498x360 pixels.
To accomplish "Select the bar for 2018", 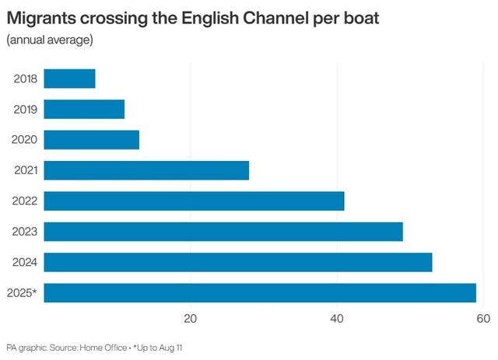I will point(69,79).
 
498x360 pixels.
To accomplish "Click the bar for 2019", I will point(84,109).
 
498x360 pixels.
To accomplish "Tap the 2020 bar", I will point(91,140).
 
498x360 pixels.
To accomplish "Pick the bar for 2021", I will point(146,170).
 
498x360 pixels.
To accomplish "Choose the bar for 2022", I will point(194,201).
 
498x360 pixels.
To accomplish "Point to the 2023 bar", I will point(223,232).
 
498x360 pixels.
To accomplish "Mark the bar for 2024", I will point(237,262).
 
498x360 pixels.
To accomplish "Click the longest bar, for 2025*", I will point(260,292).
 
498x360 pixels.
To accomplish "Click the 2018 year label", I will point(25,79).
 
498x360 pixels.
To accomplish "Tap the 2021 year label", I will point(25,170).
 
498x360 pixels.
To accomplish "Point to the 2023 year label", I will point(25,232).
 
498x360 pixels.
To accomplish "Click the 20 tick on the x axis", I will point(190,318).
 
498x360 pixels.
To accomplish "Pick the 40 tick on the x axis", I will point(337,318).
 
